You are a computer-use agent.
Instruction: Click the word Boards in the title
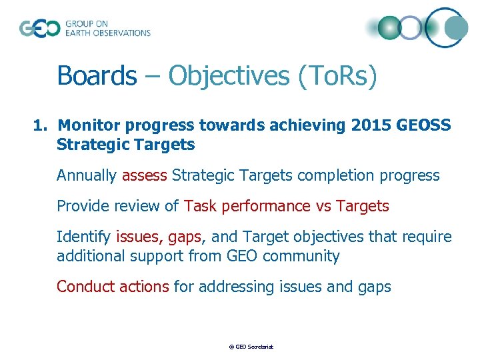[96, 75]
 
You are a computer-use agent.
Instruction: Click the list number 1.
[41, 125]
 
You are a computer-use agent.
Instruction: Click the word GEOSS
[425, 125]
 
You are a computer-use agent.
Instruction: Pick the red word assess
[145, 175]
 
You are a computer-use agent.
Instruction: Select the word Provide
[83, 206]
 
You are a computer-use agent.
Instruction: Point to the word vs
[323, 206]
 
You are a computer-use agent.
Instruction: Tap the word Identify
[84, 237]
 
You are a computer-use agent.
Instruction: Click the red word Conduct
[85, 287]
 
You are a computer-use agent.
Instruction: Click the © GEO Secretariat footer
[251, 347]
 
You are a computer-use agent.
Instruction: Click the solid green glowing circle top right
[389, 28]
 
